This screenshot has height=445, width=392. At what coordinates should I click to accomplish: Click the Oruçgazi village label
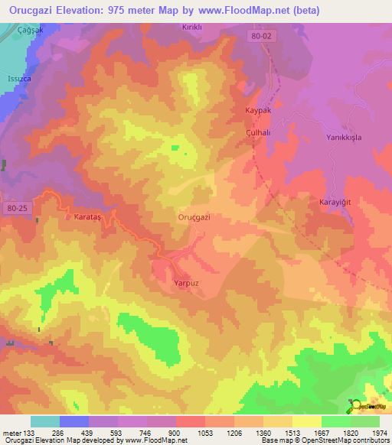click(194, 217)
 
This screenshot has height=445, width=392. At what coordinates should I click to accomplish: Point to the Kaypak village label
click(258, 111)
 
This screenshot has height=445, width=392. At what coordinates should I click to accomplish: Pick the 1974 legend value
click(379, 433)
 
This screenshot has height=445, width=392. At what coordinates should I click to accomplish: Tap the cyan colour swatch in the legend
click(45, 421)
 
